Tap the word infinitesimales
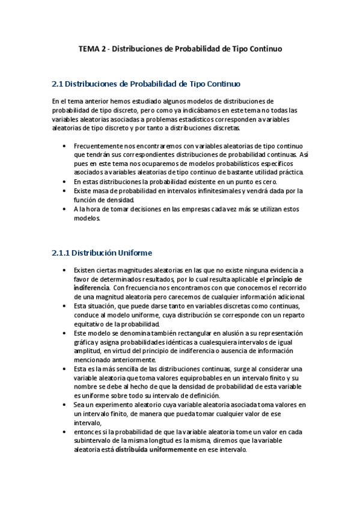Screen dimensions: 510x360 (x=208, y=191)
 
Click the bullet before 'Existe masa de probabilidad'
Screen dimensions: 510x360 (x=64, y=191)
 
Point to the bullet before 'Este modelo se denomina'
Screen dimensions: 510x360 (x=64, y=333)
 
